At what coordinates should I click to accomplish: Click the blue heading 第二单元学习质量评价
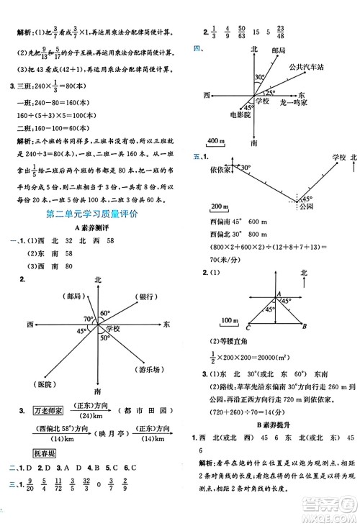(92, 214)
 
